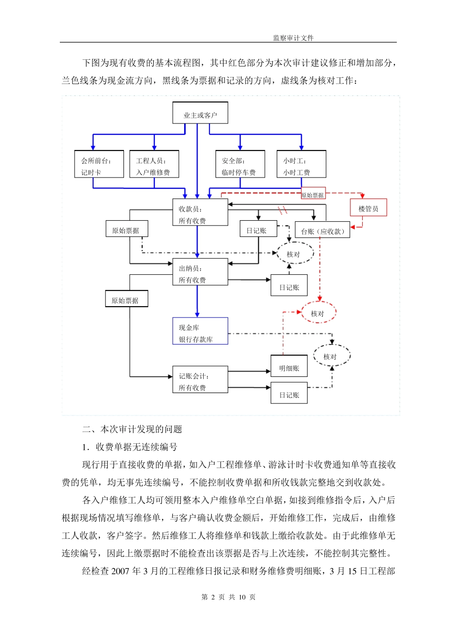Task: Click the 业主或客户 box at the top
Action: click(200, 113)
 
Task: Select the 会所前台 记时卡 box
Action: click(99, 165)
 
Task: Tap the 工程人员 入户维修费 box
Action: click(154, 165)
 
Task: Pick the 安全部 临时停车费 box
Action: click(240, 165)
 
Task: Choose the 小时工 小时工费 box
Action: click(301, 165)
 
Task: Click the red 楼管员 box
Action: click(368, 207)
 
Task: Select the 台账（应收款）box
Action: click(322, 230)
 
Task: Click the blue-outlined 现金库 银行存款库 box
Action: click(200, 331)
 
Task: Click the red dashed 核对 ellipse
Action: click(319, 313)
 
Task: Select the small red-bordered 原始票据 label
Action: click(313, 194)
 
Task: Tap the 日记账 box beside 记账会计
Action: click(289, 394)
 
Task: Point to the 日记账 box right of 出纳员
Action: click(289, 286)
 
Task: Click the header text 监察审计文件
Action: click(293, 38)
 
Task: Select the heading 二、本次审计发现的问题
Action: click(132, 430)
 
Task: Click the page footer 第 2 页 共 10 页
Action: click(228, 597)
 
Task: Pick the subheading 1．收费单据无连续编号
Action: click(130, 447)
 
